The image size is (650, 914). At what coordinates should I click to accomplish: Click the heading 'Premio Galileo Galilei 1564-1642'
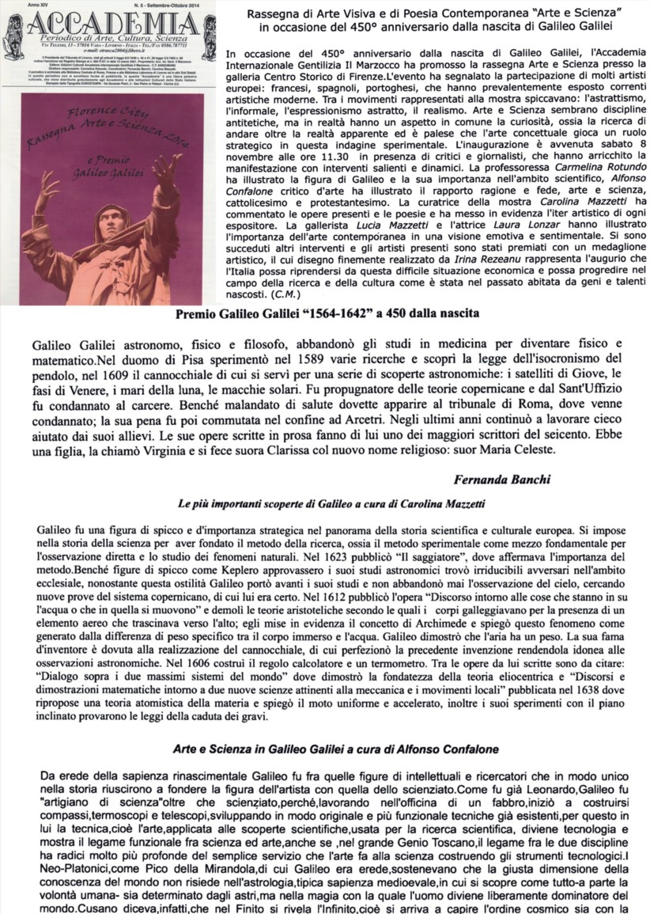326,313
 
